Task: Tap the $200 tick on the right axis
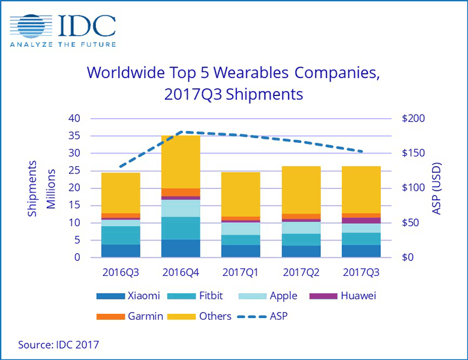[415, 119]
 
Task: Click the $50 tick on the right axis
[412, 223]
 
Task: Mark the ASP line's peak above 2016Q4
[184, 132]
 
